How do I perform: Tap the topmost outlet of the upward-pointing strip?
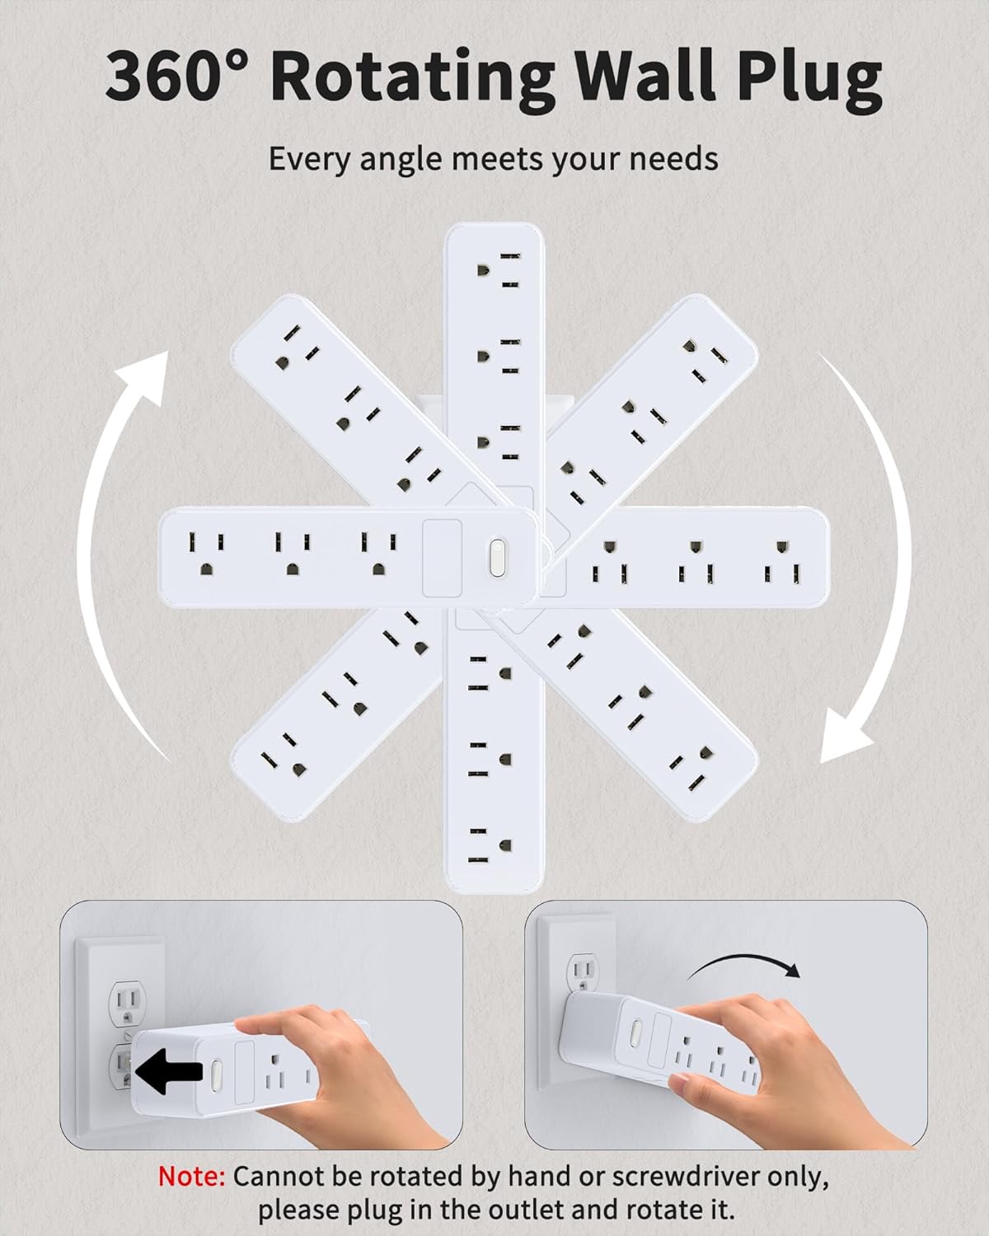(499, 269)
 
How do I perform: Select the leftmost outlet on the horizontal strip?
(206, 553)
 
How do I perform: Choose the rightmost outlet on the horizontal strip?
(783, 561)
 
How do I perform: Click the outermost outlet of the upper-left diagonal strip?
(297, 347)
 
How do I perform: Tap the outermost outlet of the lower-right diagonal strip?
(692, 768)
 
